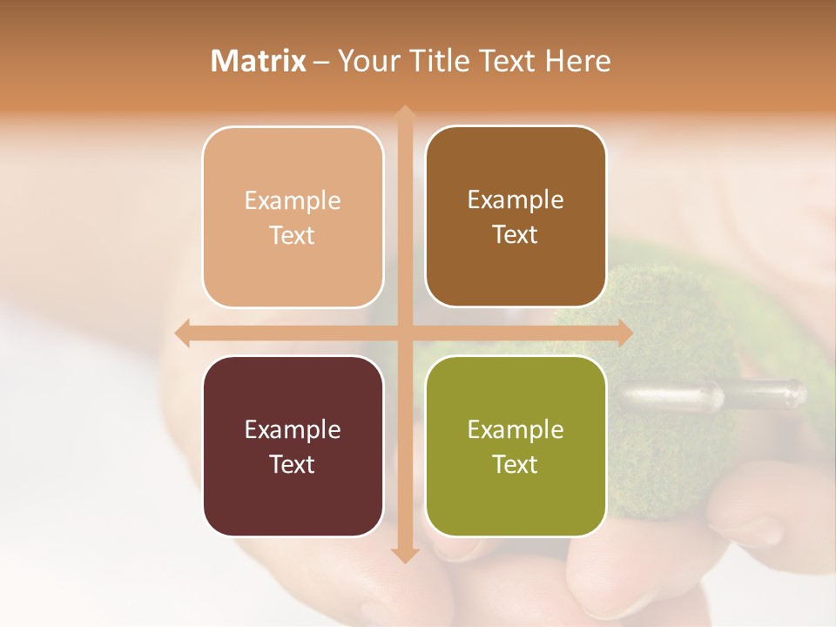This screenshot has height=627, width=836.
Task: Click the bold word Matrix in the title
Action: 259,61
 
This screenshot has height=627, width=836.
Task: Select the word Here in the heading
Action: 577,61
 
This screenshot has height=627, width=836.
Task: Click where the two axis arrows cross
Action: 404,333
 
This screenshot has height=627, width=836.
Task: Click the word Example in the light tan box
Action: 293,201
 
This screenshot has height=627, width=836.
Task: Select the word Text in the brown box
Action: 516,235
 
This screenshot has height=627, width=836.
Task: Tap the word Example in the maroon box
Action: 293,430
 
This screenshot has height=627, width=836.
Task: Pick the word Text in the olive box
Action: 516,465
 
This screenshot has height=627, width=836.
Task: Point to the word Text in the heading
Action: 506,61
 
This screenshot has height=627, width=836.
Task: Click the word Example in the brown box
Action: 516,200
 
